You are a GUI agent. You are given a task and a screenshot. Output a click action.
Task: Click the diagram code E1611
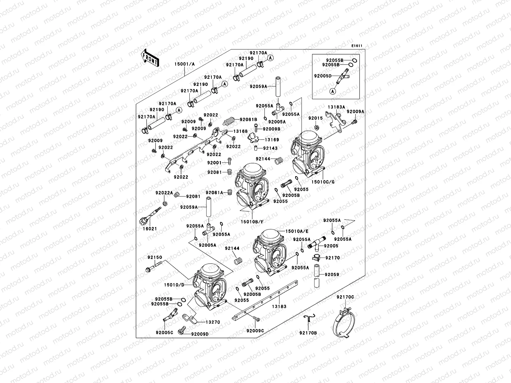(x=357, y=46)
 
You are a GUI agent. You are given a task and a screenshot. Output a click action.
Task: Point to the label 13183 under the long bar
(x=279, y=306)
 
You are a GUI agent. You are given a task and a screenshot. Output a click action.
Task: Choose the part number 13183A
(x=336, y=107)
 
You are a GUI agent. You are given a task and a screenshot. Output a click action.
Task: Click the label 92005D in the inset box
(x=323, y=76)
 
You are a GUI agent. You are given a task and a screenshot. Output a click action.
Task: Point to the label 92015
(x=316, y=118)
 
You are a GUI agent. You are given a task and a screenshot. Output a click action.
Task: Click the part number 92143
(x=270, y=148)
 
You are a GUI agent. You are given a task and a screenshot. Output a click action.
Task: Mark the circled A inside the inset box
(x=333, y=91)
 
